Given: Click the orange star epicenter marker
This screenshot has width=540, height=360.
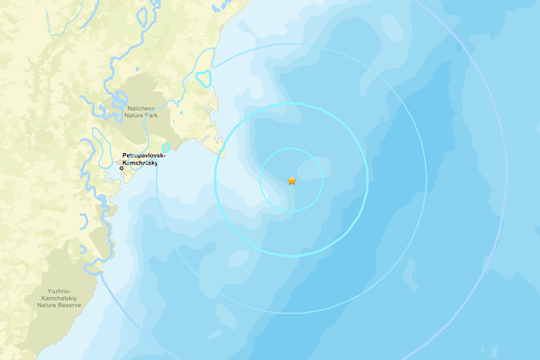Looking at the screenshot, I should pyautogui.click(x=292, y=180).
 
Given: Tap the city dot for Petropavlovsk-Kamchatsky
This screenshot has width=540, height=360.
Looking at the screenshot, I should pyautogui.click(x=122, y=167).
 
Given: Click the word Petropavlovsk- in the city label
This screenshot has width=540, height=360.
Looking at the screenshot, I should pyautogui.click(x=139, y=155).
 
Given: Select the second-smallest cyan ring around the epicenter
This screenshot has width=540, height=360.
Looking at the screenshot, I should pyautogui.click(x=216, y=180).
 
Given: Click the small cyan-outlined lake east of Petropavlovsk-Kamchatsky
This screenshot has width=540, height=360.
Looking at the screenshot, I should pyautogui.click(x=166, y=148).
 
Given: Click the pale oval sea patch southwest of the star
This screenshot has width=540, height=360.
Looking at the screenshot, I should pyautogui.click(x=239, y=258).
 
